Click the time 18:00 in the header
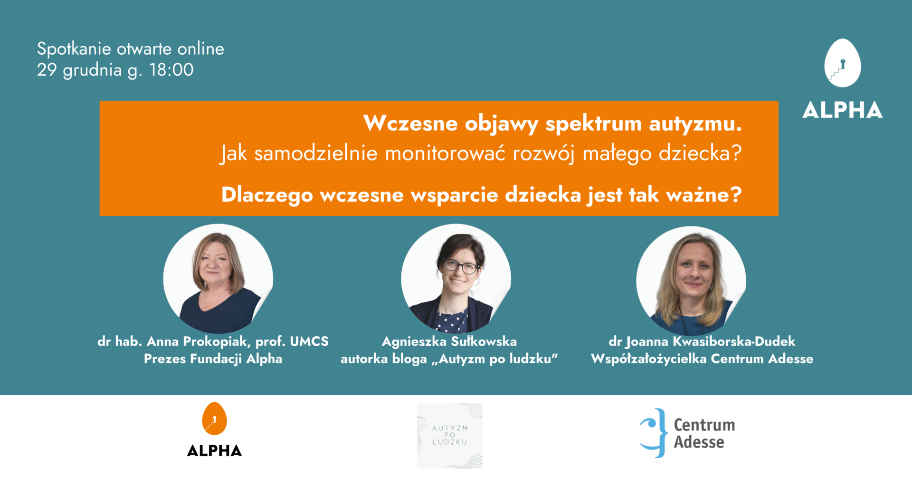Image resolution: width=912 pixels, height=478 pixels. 171,70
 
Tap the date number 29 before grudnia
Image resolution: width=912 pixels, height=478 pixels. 47,70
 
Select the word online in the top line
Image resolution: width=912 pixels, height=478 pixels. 200,49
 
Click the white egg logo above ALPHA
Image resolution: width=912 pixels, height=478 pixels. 843,63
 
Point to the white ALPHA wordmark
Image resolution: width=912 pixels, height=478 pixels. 843,110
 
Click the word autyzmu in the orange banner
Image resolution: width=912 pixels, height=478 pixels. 695,124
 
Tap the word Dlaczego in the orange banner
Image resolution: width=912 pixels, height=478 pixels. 267,195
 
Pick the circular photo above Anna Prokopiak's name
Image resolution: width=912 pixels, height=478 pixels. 218,279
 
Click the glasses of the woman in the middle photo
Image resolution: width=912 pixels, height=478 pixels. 461,266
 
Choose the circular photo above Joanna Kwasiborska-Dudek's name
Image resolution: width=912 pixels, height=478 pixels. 691,281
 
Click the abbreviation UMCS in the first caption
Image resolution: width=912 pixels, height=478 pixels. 309,341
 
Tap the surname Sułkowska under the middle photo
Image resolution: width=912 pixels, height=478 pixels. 484,341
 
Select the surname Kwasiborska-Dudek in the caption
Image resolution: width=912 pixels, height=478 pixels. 734,341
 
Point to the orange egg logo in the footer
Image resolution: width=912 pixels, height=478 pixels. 214,419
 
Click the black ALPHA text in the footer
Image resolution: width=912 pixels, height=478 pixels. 214,450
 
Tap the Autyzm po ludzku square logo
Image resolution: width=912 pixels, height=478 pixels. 450,436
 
